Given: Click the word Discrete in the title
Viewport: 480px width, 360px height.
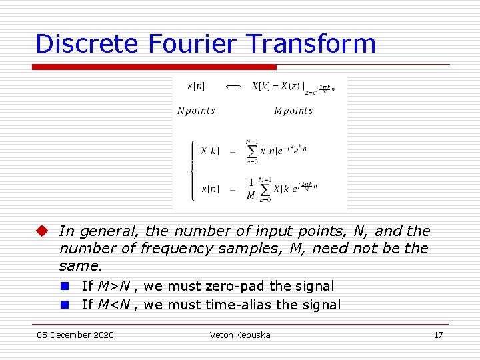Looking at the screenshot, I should pos(87,44).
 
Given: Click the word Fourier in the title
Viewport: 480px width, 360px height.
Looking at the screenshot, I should pos(193,44).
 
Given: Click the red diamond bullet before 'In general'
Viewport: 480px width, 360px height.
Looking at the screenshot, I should pos(43,231).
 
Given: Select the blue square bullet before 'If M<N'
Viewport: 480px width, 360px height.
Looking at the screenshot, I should pos(65,305).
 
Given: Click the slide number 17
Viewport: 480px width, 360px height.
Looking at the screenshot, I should pos(438,335).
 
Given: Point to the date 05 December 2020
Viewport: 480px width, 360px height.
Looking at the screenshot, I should pos(75,335).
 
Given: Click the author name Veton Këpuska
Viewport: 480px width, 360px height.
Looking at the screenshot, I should pos(240,335).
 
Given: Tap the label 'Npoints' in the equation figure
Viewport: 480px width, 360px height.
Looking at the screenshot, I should pos(196,111).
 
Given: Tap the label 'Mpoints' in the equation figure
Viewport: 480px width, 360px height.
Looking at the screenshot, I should pos(293,111).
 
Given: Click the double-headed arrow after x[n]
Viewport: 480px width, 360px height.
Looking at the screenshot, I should pos(233,86).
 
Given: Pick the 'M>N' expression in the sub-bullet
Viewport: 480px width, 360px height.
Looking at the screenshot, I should pos(113,286).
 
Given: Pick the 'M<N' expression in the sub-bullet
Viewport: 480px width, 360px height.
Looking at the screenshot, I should pos(113,305).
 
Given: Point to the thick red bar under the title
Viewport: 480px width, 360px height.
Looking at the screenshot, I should pos(154,67).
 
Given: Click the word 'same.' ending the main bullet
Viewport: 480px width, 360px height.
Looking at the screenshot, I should pos(81,266).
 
